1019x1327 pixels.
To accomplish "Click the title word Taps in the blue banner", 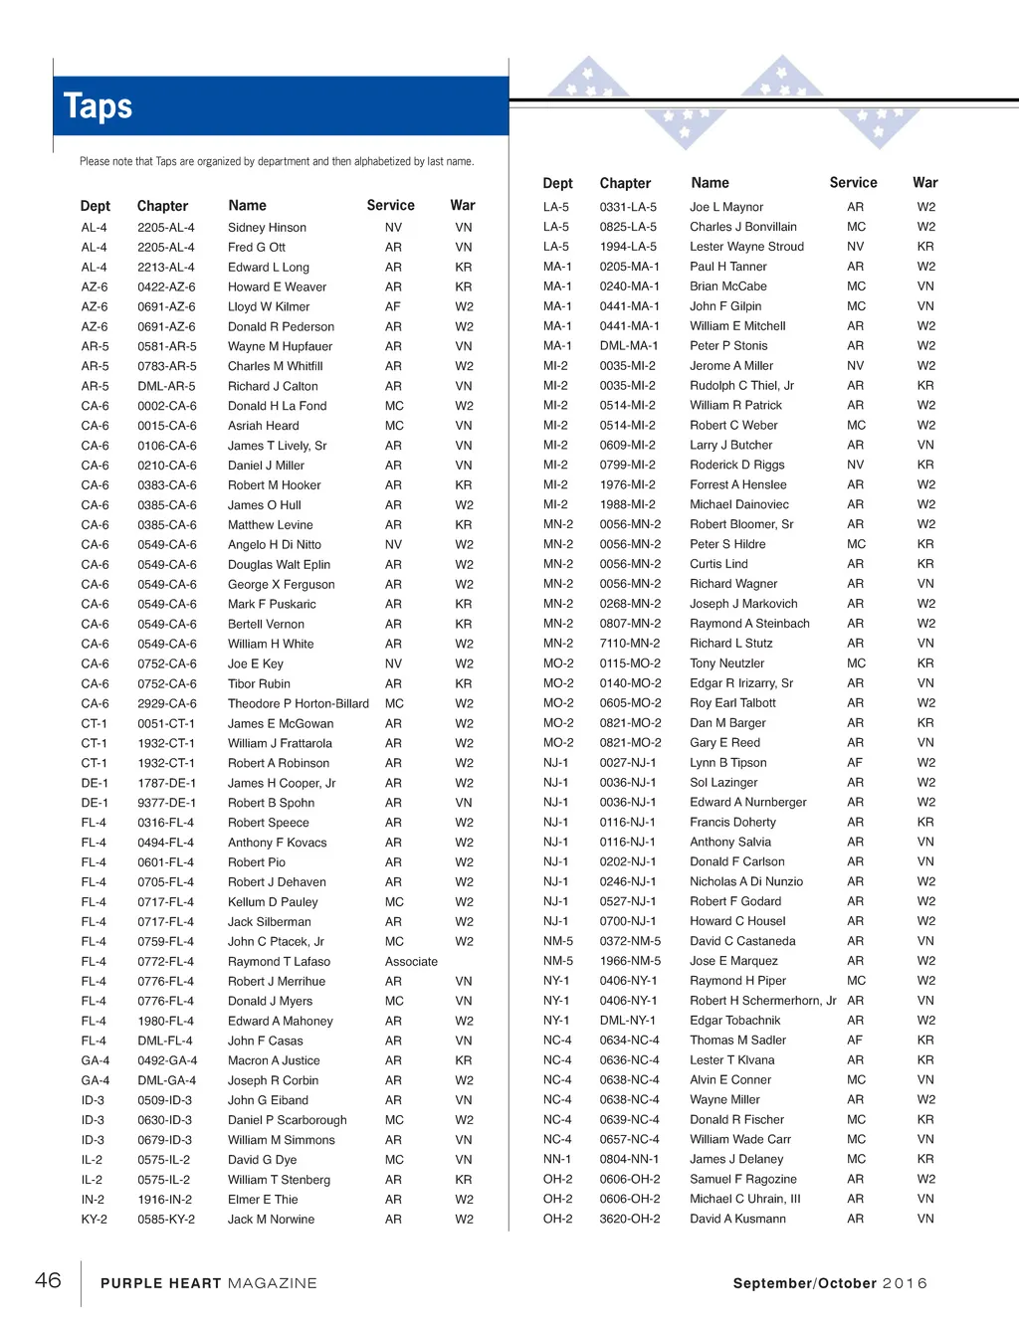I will (98, 106).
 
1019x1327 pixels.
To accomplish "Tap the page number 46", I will (48, 1280).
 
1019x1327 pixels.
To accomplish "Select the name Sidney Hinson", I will (267, 228).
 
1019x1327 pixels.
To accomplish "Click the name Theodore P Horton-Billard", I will (298, 703).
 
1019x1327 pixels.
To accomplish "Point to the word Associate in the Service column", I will (411, 962).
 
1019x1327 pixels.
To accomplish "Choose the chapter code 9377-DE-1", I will (166, 803).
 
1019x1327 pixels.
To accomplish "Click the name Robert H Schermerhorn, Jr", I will (762, 1001).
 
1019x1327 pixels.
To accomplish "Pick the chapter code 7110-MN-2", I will (629, 644).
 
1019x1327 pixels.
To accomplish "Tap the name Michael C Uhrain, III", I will (744, 1199).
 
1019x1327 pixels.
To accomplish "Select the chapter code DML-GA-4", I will (166, 1080).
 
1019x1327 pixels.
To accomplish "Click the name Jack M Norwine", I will (271, 1220).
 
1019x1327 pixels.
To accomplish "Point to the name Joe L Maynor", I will (726, 207).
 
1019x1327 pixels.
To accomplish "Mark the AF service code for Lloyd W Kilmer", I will (393, 306).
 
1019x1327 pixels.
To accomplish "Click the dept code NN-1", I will (557, 1159).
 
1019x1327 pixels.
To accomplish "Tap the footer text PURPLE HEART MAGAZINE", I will (208, 1283).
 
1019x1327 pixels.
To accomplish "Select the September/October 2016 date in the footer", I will (829, 1283).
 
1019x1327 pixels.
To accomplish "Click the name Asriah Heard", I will (263, 426).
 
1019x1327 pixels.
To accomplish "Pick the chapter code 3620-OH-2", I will (629, 1219).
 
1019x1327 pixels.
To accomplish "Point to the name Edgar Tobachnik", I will (734, 1021).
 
